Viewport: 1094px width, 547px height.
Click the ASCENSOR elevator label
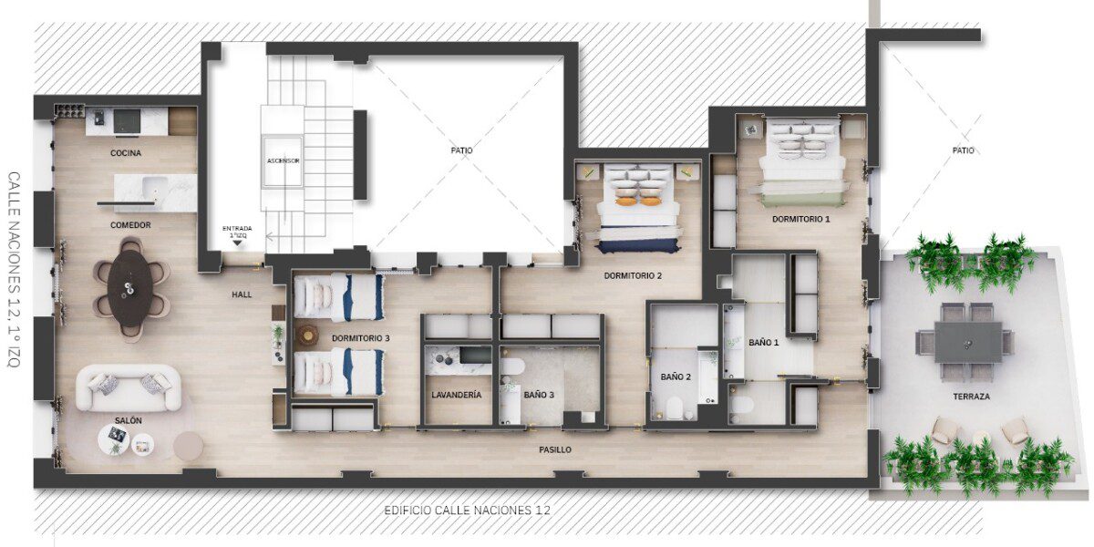pyautogui.click(x=284, y=160)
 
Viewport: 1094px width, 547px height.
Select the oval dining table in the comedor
pyautogui.click(x=129, y=288)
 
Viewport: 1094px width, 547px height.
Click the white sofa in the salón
pyautogui.click(x=129, y=388)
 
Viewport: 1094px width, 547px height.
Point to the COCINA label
pyautogui.click(x=126, y=153)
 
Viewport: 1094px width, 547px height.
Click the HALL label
pyautogui.click(x=242, y=294)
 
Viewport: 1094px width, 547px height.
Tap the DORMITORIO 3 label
pyautogui.click(x=360, y=338)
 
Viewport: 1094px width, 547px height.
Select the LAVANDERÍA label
pyautogui.click(x=456, y=395)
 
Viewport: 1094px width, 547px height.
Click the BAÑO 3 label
pyautogui.click(x=539, y=395)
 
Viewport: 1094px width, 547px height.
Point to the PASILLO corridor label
pyautogui.click(x=555, y=449)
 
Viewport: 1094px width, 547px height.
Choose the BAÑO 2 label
pyautogui.click(x=676, y=377)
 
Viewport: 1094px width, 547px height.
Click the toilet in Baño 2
pyautogui.click(x=675, y=408)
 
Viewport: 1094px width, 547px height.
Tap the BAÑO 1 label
pyautogui.click(x=763, y=343)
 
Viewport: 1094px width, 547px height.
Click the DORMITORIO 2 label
pyautogui.click(x=633, y=276)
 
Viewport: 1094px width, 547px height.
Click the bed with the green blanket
pyautogui.click(x=801, y=161)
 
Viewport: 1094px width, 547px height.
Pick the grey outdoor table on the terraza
pyautogui.click(x=968, y=343)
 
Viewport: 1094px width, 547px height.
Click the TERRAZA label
pyautogui.click(x=972, y=397)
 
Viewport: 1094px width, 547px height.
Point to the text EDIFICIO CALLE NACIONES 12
pyautogui.click(x=467, y=511)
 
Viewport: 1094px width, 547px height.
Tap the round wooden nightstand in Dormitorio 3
pyautogui.click(x=309, y=335)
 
